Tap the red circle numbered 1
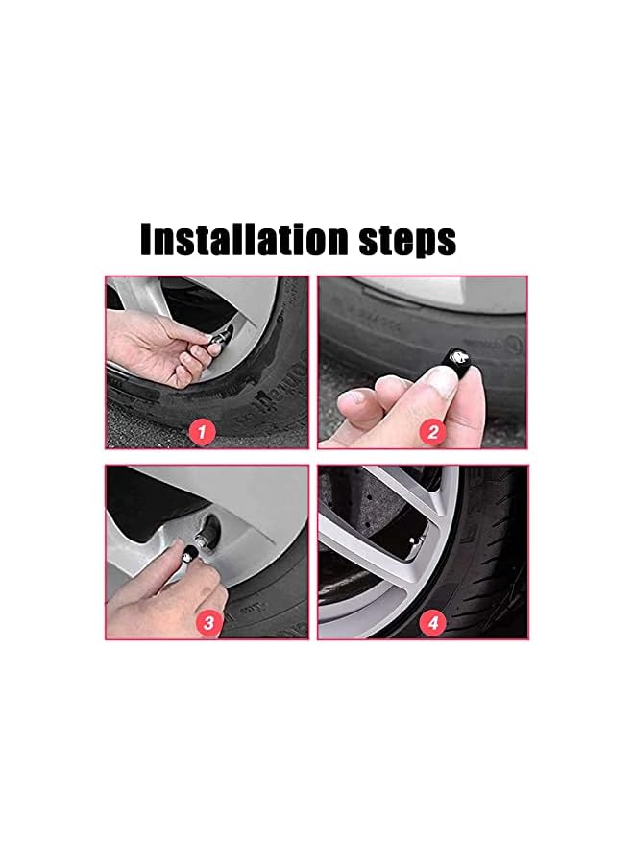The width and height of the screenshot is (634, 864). [x=200, y=432]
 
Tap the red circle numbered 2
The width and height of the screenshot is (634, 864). [x=432, y=432]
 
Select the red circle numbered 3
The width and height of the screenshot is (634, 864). [x=209, y=622]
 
